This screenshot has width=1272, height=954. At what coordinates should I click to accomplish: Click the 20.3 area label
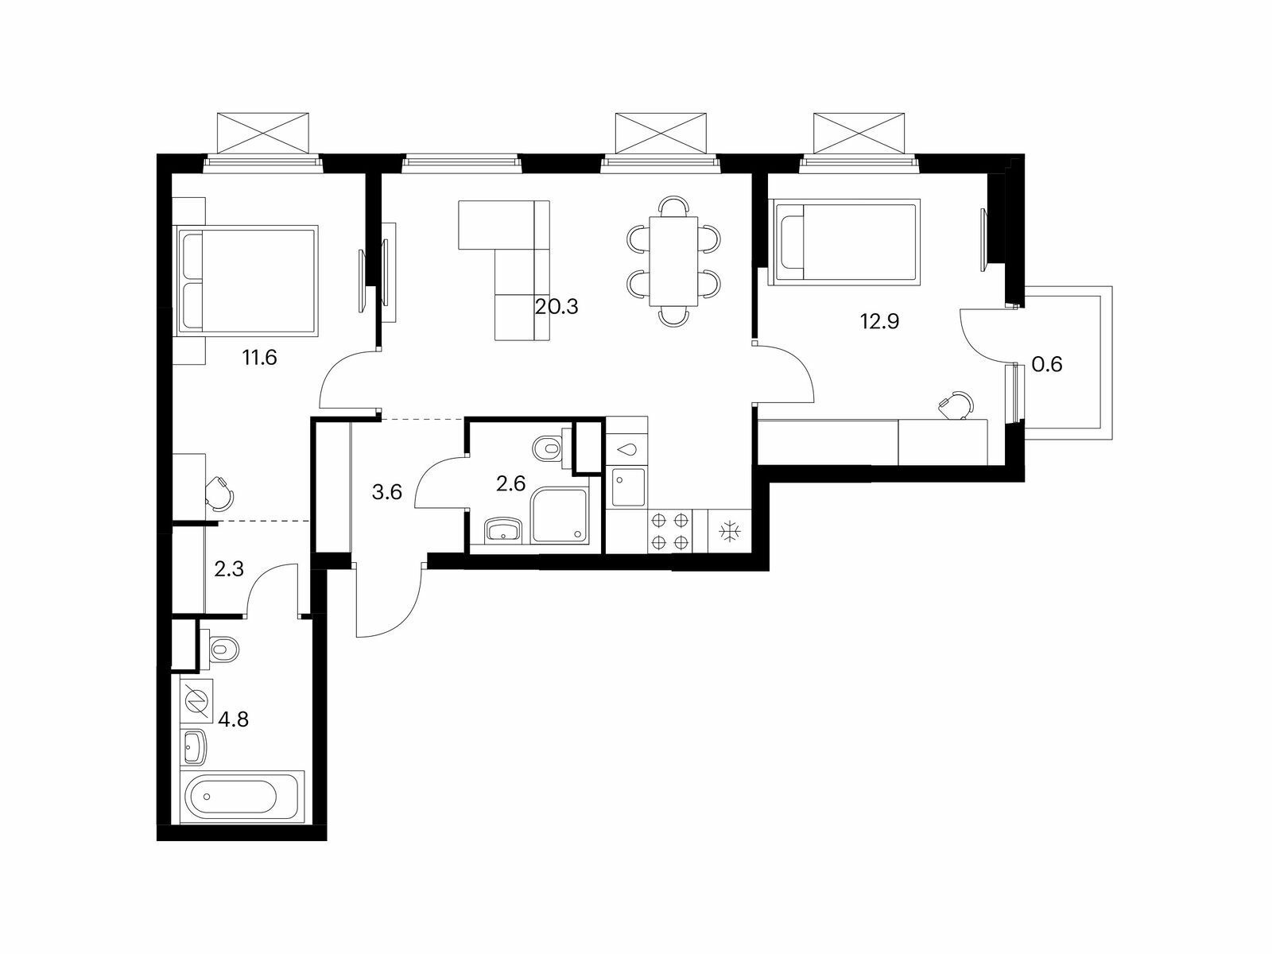(556, 306)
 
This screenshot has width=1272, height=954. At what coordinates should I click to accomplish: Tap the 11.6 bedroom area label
(260, 358)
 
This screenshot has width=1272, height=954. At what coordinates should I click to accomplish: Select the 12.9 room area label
(880, 320)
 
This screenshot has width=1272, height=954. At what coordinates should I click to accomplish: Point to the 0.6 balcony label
(1047, 364)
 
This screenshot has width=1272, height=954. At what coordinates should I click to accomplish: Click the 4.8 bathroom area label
(234, 719)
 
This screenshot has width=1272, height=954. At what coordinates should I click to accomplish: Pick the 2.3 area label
(229, 569)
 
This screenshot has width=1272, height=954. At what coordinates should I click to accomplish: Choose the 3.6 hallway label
(386, 492)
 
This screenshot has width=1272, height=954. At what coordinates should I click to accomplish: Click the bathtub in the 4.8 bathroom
(242, 796)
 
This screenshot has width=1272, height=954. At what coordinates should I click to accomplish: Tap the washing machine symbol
(196, 701)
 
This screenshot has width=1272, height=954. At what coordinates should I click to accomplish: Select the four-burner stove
(669, 530)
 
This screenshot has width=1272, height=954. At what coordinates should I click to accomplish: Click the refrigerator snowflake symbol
(729, 531)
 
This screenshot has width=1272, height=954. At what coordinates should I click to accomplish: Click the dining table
(673, 261)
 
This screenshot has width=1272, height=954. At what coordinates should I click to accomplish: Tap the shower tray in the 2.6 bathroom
(560, 515)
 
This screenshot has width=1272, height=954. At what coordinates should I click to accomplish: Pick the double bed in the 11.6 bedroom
(247, 280)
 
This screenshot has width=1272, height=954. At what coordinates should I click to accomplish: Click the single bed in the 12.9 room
(844, 242)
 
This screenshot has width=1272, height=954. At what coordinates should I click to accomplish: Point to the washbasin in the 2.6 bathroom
(503, 529)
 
